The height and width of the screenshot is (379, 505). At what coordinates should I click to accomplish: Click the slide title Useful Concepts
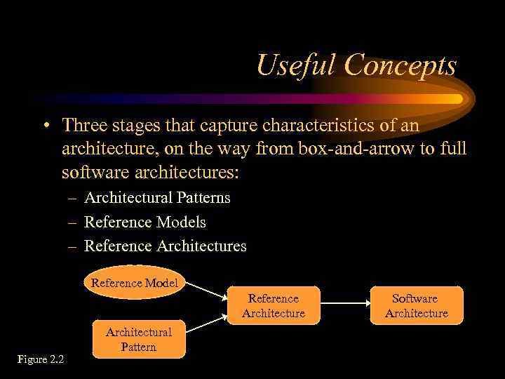[356, 66]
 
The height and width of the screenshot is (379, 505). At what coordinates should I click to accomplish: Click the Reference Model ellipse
[134, 283]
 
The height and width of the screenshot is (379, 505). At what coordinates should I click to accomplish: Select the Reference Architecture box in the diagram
[274, 306]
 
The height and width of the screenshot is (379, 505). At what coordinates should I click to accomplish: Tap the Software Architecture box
[416, 306]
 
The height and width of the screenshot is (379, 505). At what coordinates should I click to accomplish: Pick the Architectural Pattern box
[138, 340]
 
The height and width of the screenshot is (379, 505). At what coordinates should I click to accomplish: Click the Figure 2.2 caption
[41, 359]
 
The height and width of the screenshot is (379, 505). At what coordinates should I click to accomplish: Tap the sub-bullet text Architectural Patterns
[157, 198]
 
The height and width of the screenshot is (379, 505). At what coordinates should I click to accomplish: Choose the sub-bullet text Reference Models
[145, 222]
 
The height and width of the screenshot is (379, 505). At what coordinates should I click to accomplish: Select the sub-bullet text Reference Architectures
[166, 246]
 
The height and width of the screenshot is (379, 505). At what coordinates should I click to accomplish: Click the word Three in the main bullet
[83, 126]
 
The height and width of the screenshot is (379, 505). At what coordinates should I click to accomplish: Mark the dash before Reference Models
[73, 222]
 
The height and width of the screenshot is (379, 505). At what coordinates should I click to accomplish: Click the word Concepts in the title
[400, 66]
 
